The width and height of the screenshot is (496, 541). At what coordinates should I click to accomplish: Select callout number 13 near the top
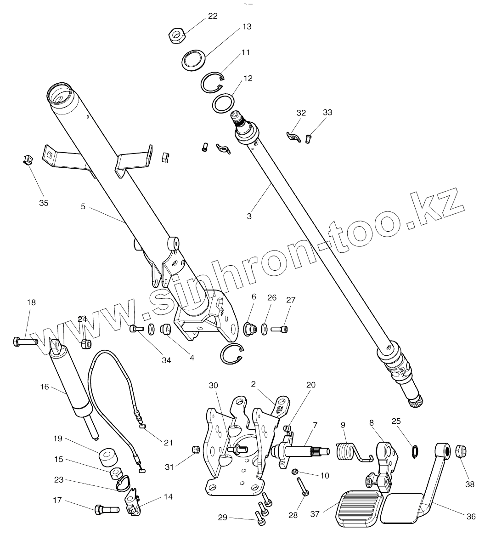[247, 27]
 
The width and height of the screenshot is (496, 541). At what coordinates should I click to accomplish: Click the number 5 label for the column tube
[83, 206]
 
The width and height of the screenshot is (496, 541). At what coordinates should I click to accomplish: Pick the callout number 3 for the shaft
[249, 216]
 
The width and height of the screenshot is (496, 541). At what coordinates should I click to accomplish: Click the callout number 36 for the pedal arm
[471, 516]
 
